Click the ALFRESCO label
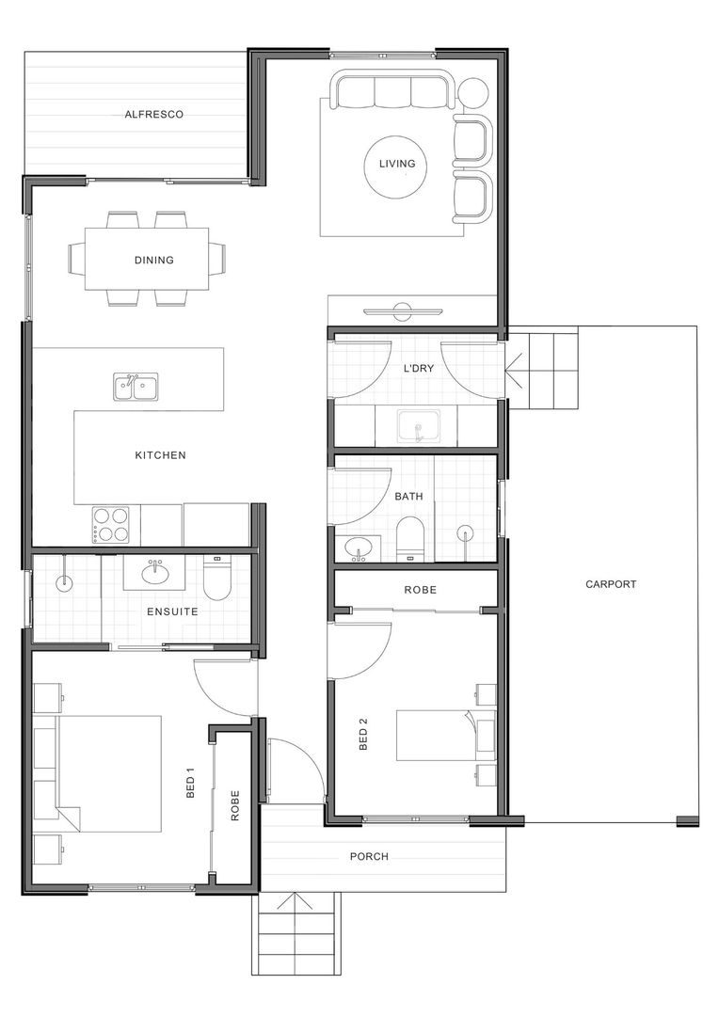tap(153, 115)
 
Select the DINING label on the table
tap(153, 261)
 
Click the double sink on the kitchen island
tap(136, 387)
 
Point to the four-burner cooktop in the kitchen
tap(110, 524)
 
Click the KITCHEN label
tap(160, 455)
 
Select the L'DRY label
tap(419, 369)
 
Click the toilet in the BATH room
tap(409, 538)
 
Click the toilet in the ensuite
tap(216, 576)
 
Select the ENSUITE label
tap(172, 611)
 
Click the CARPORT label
tap(611, 584)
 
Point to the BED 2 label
tap(363, 735)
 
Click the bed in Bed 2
tap(442, 735)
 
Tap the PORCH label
tap(369, 857)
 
